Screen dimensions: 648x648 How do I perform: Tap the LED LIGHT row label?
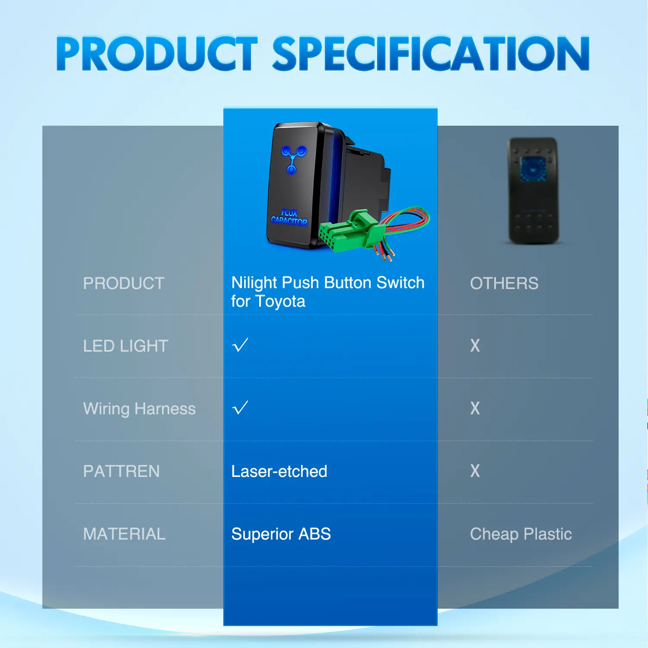125,346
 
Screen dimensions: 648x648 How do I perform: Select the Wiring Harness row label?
139,409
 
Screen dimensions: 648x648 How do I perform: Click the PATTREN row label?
121,471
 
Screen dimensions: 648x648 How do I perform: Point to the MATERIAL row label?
124,534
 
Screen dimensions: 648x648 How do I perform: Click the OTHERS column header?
504,283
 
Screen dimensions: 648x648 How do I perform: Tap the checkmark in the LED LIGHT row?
240,345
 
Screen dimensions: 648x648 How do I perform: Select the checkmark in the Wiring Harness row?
240,407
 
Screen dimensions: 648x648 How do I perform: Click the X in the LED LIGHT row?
475,346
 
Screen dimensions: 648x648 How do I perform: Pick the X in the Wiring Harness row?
475,408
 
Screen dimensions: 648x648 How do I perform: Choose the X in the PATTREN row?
475,471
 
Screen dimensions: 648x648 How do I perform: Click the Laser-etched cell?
279,471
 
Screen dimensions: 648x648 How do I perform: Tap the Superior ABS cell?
281,534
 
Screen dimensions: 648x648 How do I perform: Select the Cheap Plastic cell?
521,534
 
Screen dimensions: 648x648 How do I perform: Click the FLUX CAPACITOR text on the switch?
289,217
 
